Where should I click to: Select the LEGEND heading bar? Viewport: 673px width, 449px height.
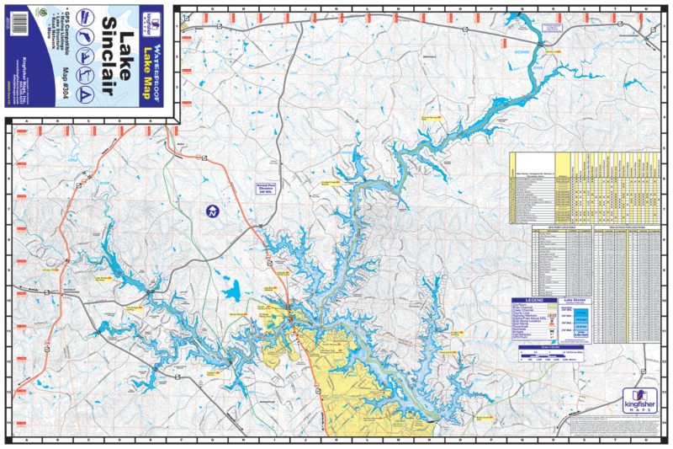[x=535, y=301]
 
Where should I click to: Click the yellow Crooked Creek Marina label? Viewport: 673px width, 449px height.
[x=331, y=180]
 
